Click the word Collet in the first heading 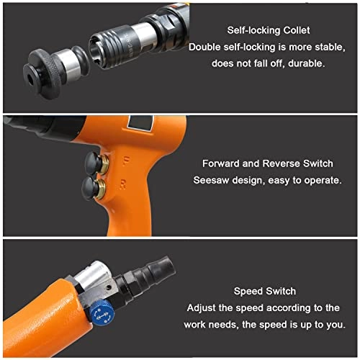point(297,30)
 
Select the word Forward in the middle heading point(221,163)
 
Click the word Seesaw point(211,180)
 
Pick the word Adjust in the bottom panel point(202,308)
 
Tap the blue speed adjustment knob point(102,312)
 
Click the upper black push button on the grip point(94,163)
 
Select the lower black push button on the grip point(90,189)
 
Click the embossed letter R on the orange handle point(122,184)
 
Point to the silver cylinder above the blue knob point(92,275)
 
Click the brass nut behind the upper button point(105,163)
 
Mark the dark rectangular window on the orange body point(140,123)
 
